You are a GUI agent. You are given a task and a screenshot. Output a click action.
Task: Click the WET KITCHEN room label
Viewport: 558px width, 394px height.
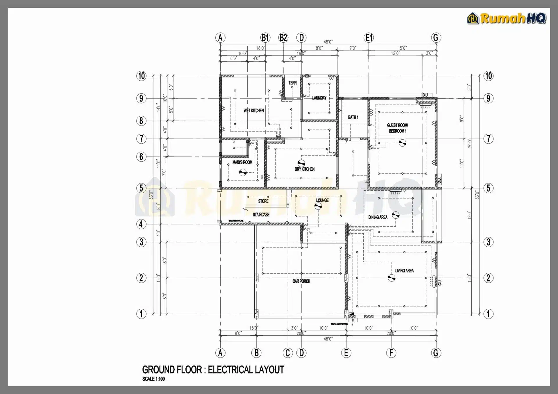253,111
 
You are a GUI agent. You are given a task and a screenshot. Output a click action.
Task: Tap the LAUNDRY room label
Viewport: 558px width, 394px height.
319,98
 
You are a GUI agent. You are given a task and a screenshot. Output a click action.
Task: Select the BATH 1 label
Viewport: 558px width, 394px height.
353,117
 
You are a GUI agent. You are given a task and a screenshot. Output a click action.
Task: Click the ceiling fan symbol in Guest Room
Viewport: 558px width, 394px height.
402,142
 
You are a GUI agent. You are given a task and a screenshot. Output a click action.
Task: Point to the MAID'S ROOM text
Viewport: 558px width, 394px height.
242,162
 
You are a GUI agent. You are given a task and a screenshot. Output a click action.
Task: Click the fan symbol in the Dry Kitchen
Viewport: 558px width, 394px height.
301,163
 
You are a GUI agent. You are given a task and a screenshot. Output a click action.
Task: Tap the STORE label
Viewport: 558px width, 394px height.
263,201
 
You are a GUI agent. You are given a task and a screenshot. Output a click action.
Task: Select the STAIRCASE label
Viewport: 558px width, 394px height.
261,215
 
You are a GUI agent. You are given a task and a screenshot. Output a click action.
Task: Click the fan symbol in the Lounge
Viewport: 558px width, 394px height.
318,206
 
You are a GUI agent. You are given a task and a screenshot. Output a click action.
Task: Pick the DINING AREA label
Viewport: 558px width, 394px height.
378,217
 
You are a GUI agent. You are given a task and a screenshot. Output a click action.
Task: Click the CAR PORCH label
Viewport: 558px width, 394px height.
301,281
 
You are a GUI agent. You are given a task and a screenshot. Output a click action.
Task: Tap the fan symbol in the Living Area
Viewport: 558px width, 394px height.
391,278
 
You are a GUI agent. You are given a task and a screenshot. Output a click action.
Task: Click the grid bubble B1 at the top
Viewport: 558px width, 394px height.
265,38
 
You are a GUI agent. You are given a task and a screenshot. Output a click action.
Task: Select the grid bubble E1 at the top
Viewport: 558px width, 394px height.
369,38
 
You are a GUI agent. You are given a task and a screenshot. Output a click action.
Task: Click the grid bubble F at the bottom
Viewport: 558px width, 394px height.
391,353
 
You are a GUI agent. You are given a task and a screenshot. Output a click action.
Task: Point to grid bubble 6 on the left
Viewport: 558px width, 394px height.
141,157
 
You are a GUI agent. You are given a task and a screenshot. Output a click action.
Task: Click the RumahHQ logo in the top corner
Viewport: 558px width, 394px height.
507,18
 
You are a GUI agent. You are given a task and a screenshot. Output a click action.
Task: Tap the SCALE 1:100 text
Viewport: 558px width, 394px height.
153,379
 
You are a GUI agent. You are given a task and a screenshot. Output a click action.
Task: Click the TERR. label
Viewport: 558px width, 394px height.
293,83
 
